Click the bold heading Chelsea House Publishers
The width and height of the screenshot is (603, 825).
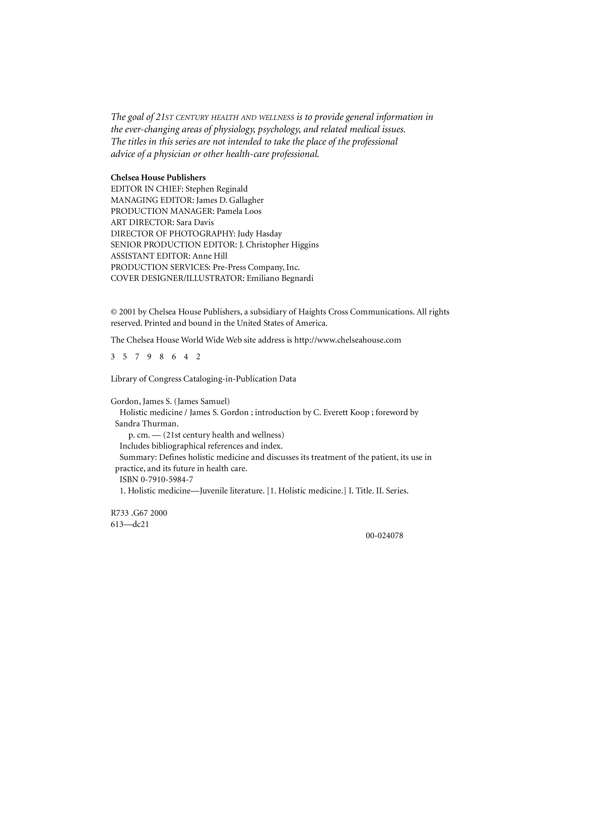[x=158, y=178]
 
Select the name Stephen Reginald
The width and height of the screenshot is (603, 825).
[x=217, y=189]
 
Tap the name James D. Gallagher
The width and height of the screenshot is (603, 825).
[x=230, y=200]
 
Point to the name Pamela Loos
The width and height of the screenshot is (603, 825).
[x=239, y=211]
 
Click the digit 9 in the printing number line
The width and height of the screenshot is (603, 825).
[x=149, y=357]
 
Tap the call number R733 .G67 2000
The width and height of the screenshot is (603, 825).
[x=139, y=513]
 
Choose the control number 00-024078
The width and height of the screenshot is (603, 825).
[x=384, y=536]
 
